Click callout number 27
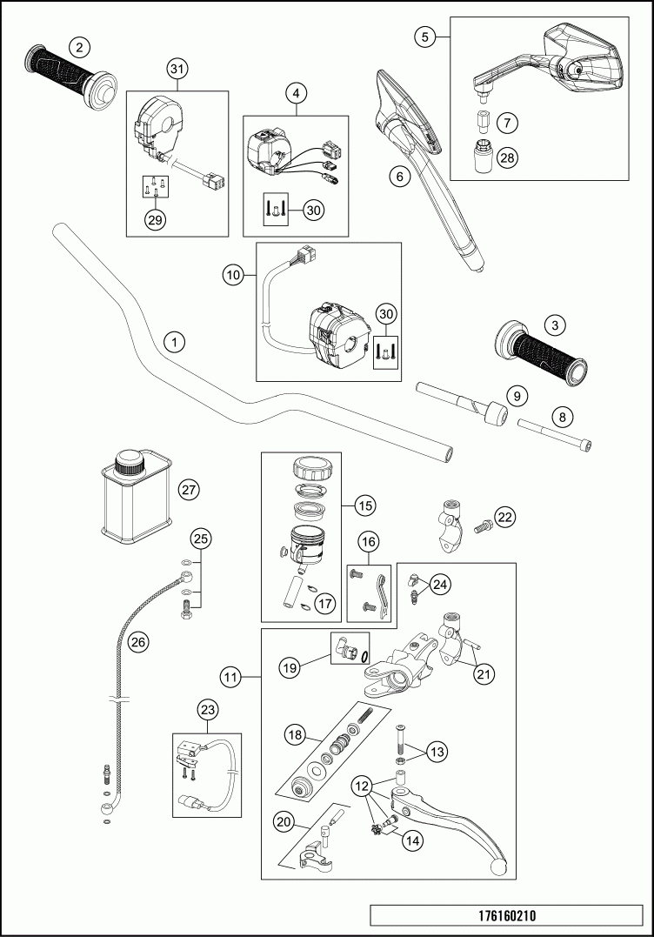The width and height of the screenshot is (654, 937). [x=189, y=490]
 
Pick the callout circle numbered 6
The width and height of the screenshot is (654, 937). [x=399, y=177]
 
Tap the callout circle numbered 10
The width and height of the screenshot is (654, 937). [x=233, y=275]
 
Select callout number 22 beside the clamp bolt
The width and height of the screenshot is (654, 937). [x=505, y=516]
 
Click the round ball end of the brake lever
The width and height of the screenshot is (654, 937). [x=497, y=867]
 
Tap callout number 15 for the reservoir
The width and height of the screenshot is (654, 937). [x=365, y=505]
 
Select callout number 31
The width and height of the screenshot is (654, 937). [x=177, y=69]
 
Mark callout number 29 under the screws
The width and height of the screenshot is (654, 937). [x=156, y=220]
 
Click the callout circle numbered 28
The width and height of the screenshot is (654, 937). [x=508, y=157]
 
